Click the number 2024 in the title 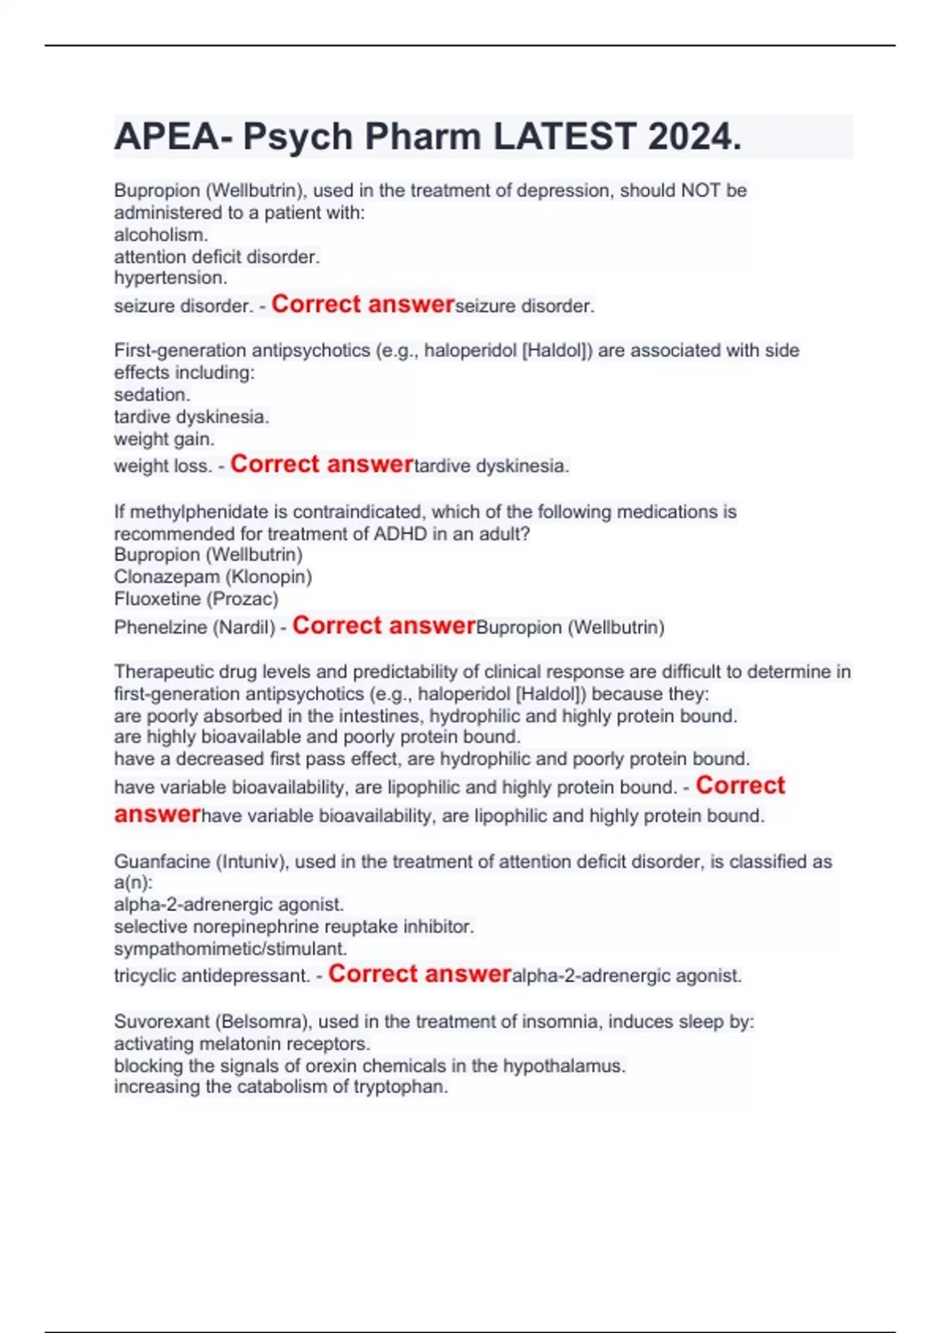694,137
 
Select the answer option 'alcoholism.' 161,234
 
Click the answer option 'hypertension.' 170,278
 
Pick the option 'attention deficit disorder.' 216,256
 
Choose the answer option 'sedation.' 152,394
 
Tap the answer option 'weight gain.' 164,438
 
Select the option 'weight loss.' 162,466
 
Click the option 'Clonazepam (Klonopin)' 213,577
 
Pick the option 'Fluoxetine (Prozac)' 196,599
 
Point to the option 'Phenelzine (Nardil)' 194,627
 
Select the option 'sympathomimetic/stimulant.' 230,949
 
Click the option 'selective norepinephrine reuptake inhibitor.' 293,927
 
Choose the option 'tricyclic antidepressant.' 212,976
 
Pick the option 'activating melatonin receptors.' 242,1044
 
